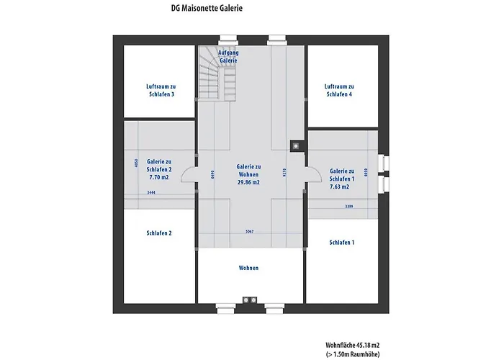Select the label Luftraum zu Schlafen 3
click(x=159, y=90)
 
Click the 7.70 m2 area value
click(x=159, y=176)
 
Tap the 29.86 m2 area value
click(x=248, y=182)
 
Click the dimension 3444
click(x=150, y=193)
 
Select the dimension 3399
click(x=348, y=207)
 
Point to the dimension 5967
click(x=248, y=232)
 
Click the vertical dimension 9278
click(x=285, y=173)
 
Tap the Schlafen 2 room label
click(x=159, y=233)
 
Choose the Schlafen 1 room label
click(x=341, y=243)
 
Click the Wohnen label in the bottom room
click(x=248, y=268)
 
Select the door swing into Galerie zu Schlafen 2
click(x=189, y=174)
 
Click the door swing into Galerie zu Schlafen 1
click(x=314, y=174)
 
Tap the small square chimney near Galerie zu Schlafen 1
click(x=295, y=145)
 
